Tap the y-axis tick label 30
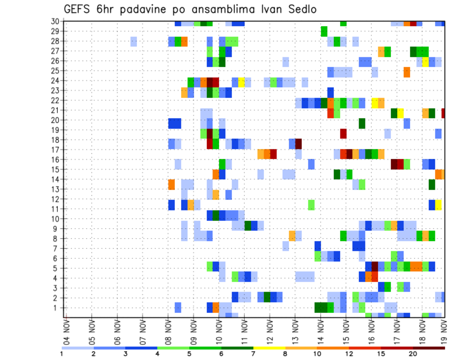pos(55,21)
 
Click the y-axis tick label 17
pos(55,150)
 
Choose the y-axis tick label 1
pos(57,308)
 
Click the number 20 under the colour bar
pos(413,354)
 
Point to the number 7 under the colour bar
pos(253,354)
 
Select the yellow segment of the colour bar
pos(269,347)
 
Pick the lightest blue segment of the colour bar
pos(78,347)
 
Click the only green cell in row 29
pos(324,32)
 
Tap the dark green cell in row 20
pos(362,123)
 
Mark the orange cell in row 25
pos(407,72)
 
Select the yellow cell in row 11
pos(438,205)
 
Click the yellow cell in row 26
pos(426,62)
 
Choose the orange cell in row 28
pos(184,41)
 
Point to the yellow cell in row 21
pos(400,113)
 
